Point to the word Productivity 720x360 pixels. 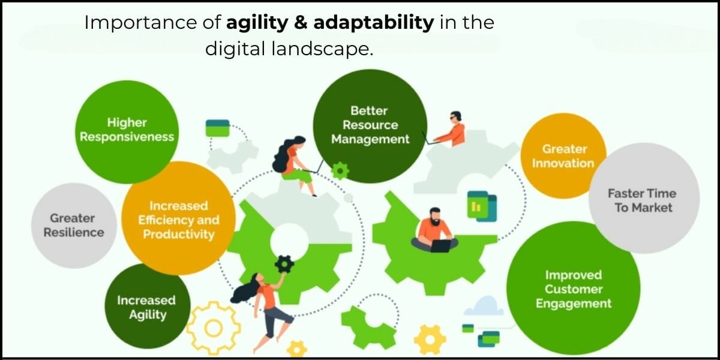coord(178,234)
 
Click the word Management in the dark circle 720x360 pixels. coord(370,139)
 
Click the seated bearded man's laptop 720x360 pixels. coord(440,245)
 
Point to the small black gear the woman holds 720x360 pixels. coord(284,263)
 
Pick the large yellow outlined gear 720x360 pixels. coord(213,327)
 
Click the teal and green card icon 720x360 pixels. coord(217,128)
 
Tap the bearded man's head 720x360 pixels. coord(436,217)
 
